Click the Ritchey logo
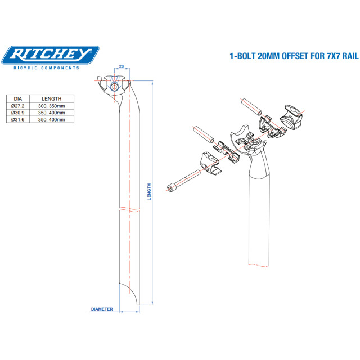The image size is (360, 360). [50, 55]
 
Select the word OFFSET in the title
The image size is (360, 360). [295, 56]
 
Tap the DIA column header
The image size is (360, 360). [18, 99]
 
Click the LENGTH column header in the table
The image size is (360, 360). [51, 99]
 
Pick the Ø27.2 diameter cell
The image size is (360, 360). [18, 106]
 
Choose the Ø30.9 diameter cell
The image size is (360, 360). [18, 112]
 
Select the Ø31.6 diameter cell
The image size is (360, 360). [18, 119]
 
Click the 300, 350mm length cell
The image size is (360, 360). [51, 106]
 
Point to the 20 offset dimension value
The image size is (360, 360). [121, 66]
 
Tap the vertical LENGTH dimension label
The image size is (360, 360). [149, 192]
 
